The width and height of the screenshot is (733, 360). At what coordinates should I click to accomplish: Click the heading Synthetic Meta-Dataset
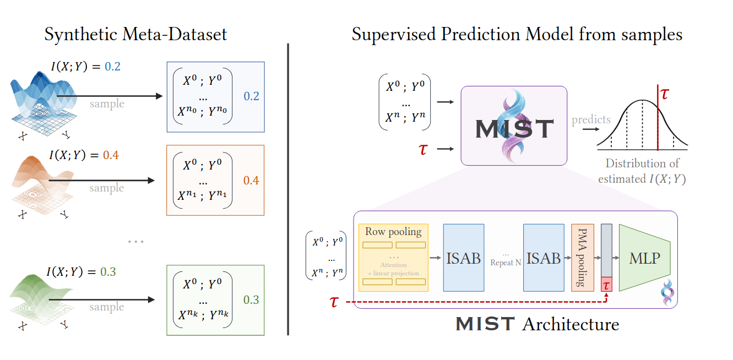click(x=135, y=35)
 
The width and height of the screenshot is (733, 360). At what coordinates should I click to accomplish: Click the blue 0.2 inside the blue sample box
click(x=251, y=96)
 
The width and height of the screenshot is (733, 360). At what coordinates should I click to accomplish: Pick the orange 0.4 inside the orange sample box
click(x=251, y=181)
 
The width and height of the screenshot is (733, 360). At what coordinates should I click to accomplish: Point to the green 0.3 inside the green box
click(x=251, y=300)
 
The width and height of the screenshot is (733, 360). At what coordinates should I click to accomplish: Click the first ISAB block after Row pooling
click(x=463, y=258)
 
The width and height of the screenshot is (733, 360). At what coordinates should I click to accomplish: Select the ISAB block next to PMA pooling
click(x=544, y=258)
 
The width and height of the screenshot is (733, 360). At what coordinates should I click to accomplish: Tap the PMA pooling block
click(x=582, y=258)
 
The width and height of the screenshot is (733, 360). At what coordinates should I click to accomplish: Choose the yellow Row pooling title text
click(x=393, y=232)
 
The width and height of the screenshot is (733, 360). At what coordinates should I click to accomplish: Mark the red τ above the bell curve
click(x=665, y=93)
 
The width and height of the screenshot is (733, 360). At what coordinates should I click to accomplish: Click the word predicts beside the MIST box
click(x=591, y=119)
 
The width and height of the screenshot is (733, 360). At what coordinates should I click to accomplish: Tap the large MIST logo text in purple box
click(x=514, y=129)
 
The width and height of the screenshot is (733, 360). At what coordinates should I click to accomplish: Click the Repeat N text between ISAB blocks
click(x=506, y=263)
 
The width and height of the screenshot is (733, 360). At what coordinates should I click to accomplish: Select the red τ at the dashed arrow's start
click(x=334, y=302)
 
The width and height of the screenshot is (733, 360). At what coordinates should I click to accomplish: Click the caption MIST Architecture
click(x=537, y=324)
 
